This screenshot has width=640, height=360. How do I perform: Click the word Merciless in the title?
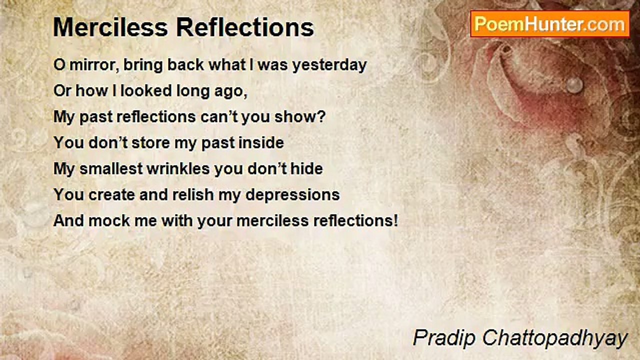pyautogui.click(x=110, y=27)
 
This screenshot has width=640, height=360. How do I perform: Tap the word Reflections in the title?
pyautogui.click(x=245, y=27)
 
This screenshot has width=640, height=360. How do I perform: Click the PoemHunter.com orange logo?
pyautogui.click(x=550, y=24)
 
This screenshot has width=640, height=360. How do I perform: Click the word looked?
pyautogui.click(x=146, y=91)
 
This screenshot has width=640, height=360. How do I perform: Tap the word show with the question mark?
pyautogui.click(x=300, y=117)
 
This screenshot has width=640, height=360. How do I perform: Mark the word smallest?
pyautogui.click(x=111, y=168)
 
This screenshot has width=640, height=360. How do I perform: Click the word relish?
pyautogui.click(x=193, y=194)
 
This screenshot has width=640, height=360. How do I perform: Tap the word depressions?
pyautogui.click(x=292, y=196)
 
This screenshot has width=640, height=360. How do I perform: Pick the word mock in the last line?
pyautogui.click(x=109, y=221)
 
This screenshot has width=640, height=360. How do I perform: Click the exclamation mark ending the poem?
pyautogui.click(x=395, y=221)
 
